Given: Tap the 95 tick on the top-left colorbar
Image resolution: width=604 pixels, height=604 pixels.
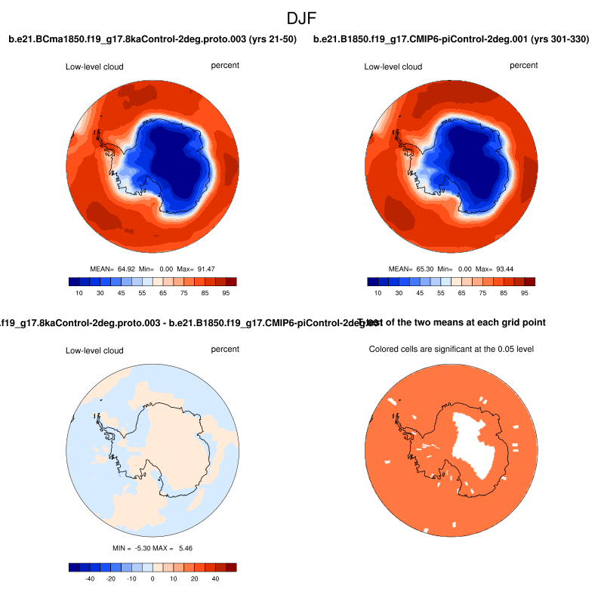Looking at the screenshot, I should coord(226,293).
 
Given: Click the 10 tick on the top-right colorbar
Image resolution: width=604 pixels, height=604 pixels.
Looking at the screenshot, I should coord(378,293).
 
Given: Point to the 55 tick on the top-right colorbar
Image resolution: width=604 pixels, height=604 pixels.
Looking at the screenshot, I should coord(439,293).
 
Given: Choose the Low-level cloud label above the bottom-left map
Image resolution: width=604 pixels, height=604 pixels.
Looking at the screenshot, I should coord(94,350).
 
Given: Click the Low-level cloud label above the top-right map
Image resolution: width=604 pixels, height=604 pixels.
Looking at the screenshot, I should coord(393,66).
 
